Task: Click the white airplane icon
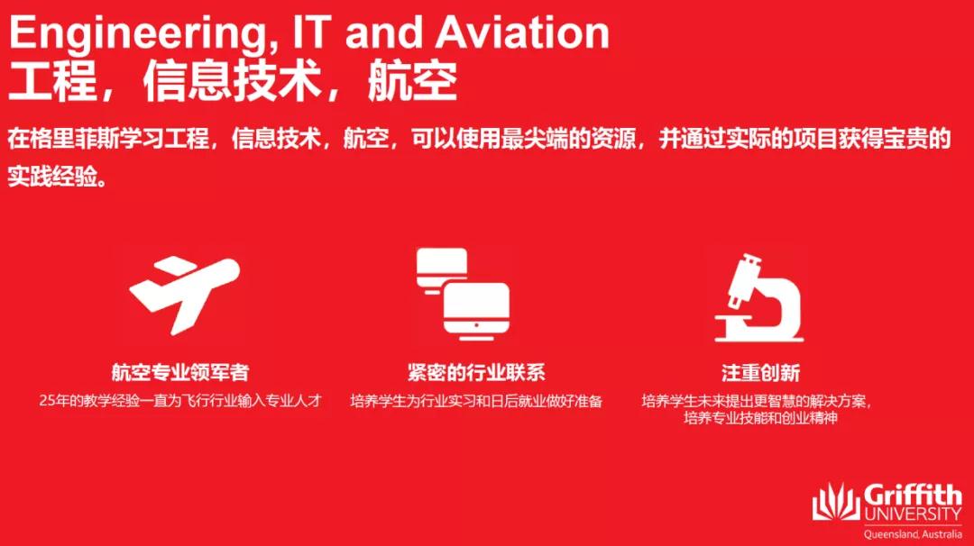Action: pos(185,294)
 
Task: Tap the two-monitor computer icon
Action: pos(464,294)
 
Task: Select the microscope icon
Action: pos(759,298)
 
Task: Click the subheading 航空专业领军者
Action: pos(180,372)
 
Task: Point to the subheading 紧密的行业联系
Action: pos(476,372)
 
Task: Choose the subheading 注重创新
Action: pos(760,373)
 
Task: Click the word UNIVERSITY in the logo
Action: pos(913,514)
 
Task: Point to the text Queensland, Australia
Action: pos(913,534)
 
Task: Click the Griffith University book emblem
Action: pos(836,502)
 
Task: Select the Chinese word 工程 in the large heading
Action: pos(53,81)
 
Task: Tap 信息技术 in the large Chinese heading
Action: pos(231,81)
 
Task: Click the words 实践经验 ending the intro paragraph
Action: pos(53,177)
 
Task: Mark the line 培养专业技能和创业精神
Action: pos(760,417)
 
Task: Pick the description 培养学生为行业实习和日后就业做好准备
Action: pos(476,402)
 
